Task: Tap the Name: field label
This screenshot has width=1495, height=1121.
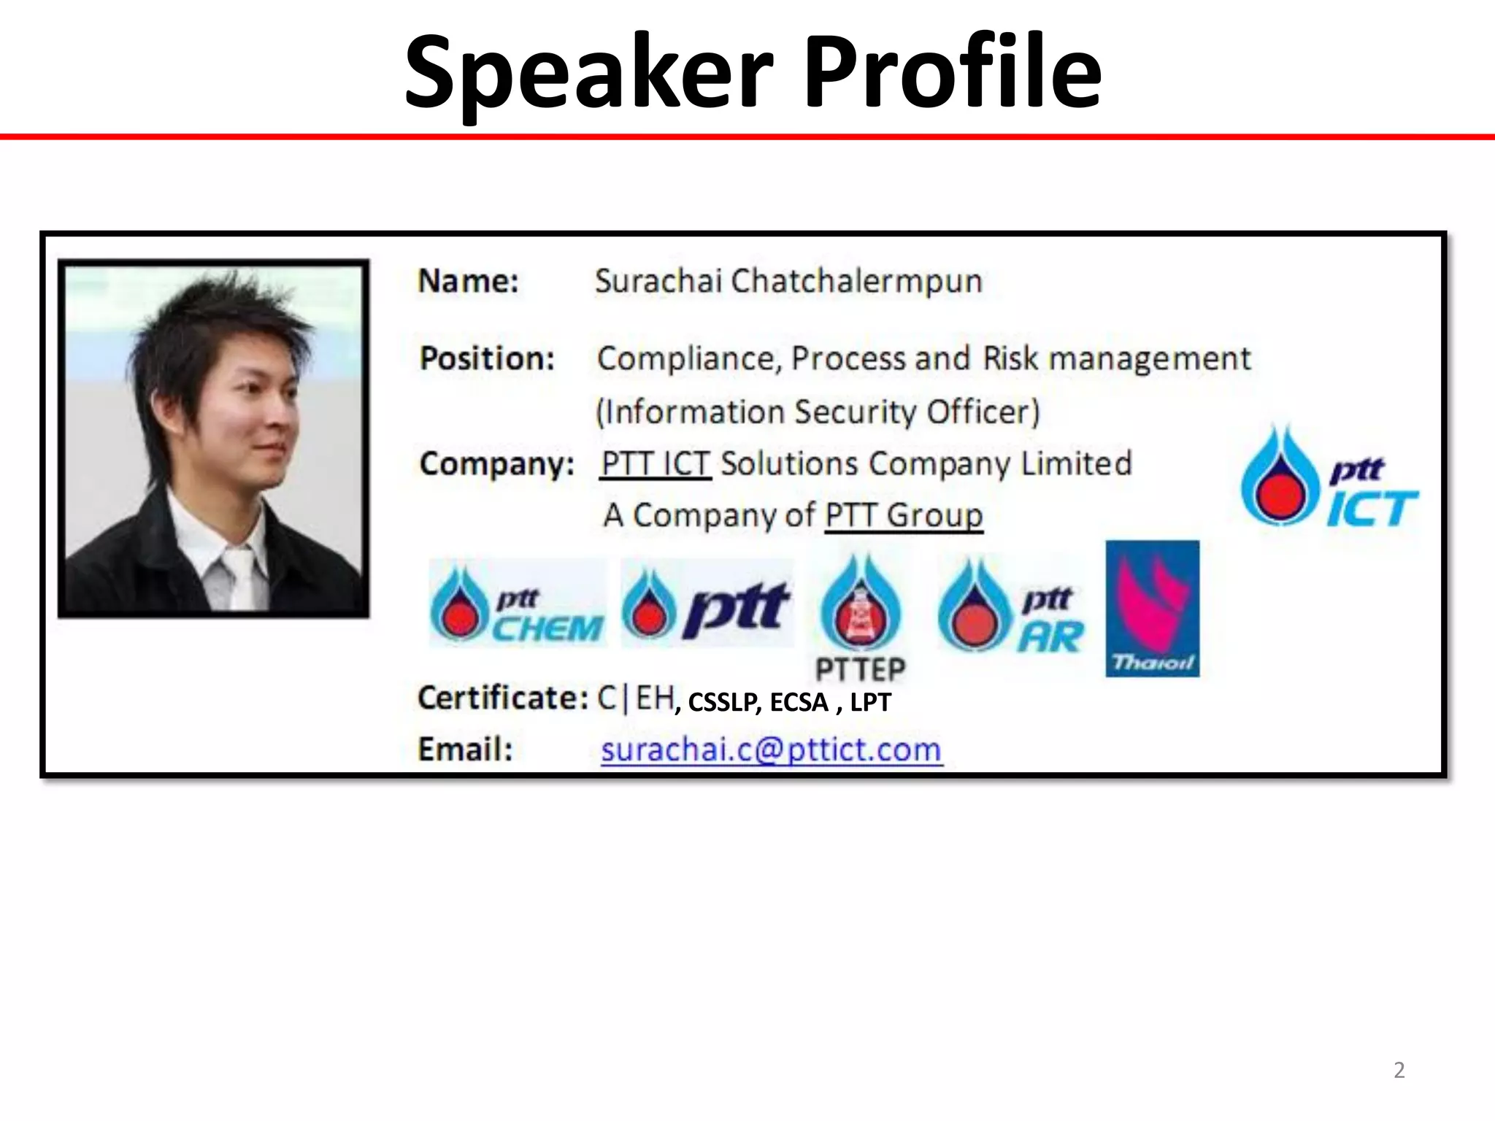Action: click(x=468, y=282)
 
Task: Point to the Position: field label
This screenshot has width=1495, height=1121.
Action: click(x=487, y=359)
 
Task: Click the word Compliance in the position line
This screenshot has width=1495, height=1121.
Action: click(x=688, y=359)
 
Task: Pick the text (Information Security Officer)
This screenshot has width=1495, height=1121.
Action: click(x=818, y=412)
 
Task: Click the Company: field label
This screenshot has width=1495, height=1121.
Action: click(x=496, y=464)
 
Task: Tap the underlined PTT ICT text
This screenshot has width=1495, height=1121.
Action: click(x=655, y=464)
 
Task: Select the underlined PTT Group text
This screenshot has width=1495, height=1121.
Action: click(x=904, y=516)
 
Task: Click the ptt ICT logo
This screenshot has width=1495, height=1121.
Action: click(x=1328, y=478)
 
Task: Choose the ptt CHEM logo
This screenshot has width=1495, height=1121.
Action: click(x=517, y=604)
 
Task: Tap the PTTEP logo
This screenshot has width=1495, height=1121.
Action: click(x=861, y=617)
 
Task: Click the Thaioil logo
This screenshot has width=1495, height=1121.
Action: click(x=1152, y=609)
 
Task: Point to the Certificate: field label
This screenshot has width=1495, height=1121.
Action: click(x=502, y=698)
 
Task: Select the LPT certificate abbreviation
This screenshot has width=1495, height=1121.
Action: click(x=870, y=703)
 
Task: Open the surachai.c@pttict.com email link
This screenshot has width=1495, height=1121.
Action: click(x=771, y=750)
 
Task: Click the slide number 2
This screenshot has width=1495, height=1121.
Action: click(x=1399, y=1070)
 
